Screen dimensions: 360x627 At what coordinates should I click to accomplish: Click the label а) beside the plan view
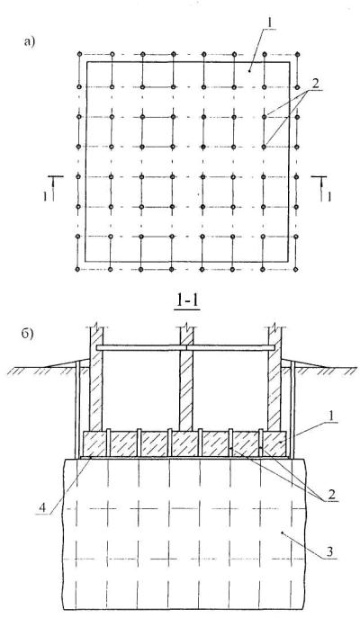pos(30,42)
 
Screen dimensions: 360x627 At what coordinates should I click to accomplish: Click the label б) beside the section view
pos(28,334)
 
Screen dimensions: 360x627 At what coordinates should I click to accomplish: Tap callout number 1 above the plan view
pos(270,22)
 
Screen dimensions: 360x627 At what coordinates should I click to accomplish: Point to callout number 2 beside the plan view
pos(316,85)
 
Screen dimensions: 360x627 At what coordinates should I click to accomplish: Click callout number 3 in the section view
pos(329,551)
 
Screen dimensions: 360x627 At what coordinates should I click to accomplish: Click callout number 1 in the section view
pos(332,416)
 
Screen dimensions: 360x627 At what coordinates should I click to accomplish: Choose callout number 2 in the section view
pos(332,494)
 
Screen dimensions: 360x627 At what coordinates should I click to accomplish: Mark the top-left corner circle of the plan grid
pos(79,54)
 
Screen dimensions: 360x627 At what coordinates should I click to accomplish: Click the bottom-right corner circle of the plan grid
pos(296,269)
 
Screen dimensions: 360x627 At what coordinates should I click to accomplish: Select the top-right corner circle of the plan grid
pos(297,54)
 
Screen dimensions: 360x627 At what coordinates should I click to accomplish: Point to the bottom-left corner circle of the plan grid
pos(77,269)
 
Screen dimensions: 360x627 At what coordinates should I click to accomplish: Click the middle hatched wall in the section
pos(186,380)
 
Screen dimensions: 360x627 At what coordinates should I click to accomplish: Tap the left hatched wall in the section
pos(96,380)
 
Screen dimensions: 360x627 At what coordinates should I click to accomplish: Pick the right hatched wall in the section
pos(274,380)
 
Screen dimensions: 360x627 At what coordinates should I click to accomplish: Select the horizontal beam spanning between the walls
pos(185,348)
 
